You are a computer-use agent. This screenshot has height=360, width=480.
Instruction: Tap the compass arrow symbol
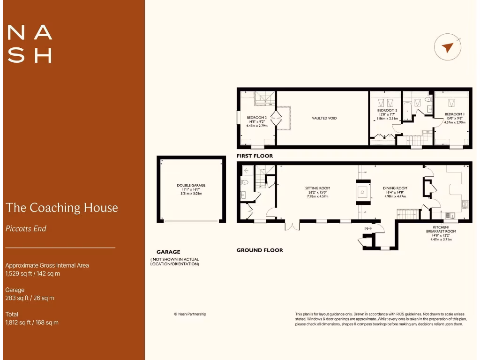pyautogui.click(x=448, y=48)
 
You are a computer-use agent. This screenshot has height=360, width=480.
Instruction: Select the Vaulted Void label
pyautogui.click(x=324, y=118)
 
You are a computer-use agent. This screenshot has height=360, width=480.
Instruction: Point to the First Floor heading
pyautogui.click(x=255, y=156)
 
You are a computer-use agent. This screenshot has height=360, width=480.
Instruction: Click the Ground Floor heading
pyautogui.click(x=260, y=250)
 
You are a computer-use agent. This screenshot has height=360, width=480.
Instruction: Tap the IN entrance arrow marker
pyautogui.click(x=367, y=228)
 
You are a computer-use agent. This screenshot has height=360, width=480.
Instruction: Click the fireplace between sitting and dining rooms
pyautogui.click(x=362, y=192)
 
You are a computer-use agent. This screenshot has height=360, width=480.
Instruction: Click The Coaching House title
pyautogui.click(x=61, y=208)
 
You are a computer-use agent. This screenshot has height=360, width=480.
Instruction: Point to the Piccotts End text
pyautogui.click(x=26, y=229)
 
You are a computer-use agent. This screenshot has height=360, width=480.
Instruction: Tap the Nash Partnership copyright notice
pyautogui.click(x=190, y=314)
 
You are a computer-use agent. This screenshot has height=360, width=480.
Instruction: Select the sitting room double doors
pyautogui.click(x=292, y=225)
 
